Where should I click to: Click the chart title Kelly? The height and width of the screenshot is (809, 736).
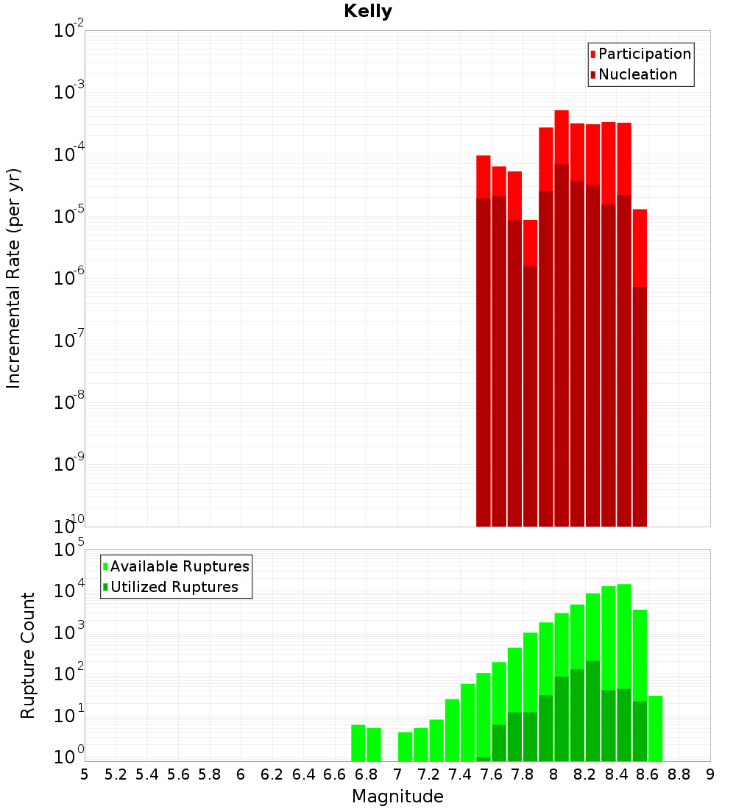(x=368, y=12)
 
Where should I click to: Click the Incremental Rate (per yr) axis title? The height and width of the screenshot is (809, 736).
(x=14, y=278)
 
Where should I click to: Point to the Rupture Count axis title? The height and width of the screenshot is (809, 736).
(x=28, y=655)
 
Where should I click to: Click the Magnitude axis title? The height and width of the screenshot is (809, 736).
(x=397, y=796)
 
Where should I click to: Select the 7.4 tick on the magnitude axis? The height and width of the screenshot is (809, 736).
(x=460, y=774)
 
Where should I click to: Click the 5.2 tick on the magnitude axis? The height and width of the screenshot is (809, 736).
(x=116, y=774)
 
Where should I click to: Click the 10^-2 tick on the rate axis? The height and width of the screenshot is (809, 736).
(x=68, y=31)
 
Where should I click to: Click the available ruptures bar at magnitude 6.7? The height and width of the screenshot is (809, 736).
(x=358, y=743)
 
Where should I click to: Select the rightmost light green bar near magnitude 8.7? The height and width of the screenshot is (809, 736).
(x=655, y=728)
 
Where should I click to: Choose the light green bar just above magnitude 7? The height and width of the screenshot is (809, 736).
(x=406, y=746)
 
